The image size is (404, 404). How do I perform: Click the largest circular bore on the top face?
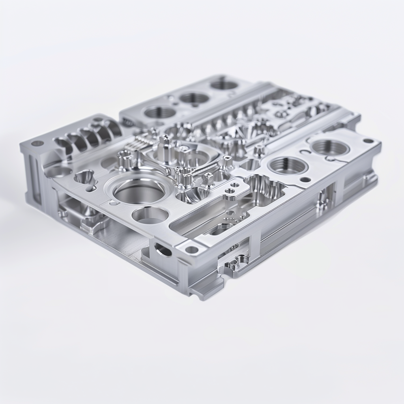139,191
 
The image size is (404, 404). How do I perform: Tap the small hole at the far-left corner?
37,143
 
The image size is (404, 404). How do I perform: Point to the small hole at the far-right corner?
368,140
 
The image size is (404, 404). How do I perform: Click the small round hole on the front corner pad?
192,249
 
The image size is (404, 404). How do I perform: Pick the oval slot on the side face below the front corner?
163,250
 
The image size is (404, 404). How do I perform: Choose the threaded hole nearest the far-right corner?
330,147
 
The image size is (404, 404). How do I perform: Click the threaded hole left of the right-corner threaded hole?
288,165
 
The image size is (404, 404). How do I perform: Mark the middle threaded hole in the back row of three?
194,98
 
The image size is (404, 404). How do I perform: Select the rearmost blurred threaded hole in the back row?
224,84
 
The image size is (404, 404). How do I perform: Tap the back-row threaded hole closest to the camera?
160,112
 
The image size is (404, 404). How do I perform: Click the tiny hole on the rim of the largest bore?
113,203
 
